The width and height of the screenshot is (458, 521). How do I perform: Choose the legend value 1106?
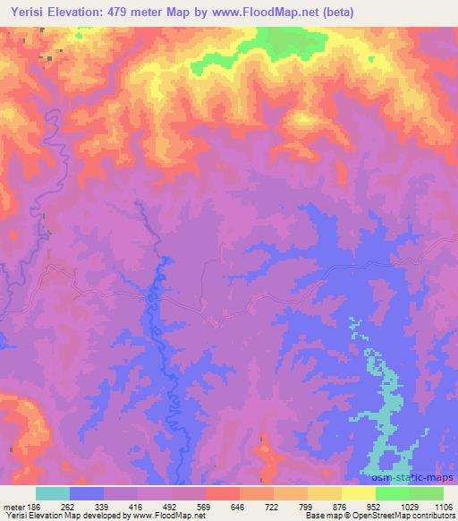pyautogui.click(x=444, y=506)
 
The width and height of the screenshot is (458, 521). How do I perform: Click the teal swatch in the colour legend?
pyautogui.click(x=53, y=493)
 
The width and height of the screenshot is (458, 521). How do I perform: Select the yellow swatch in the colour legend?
pyautogui.click(x=359, y=493)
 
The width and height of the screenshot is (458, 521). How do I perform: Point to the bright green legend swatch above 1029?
pyautogui.click(x=393, y=493)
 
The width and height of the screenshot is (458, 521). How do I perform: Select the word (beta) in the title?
pyautogui.click(x=334, y=13)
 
